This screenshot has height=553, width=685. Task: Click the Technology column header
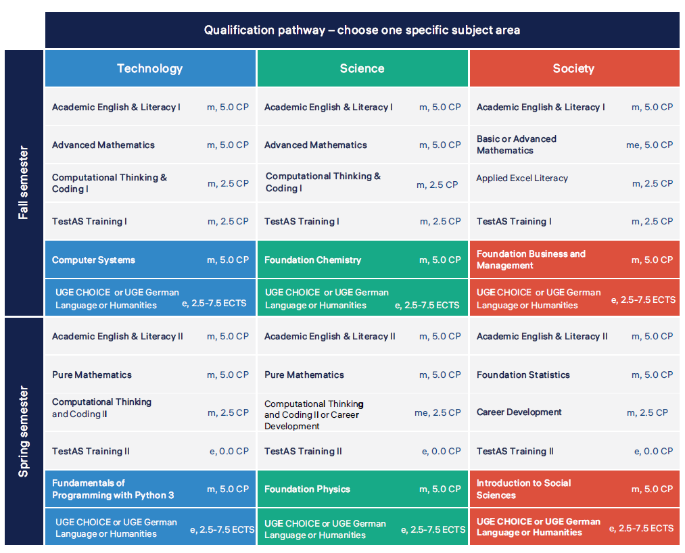pyautogui.click(x=149, y=68)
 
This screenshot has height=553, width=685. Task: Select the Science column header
pyautogui.click(x=362, y=68)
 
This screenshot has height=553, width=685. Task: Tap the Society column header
pyautogui.click(x=573, y=68)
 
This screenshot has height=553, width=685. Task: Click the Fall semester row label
pyautogui.click(x=24, y=182)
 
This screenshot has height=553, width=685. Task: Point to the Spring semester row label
pyautogui.click(x=24, y=431)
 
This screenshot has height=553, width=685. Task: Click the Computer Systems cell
pyautogui.click(x=93, y=260)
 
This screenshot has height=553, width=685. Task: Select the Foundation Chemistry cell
pyautogui.click(x=312, y=260)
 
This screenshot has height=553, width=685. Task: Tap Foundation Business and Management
pyautogui.click(x=531, y=260)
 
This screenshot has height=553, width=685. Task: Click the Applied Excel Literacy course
pyautogui.click(x=522, y=178)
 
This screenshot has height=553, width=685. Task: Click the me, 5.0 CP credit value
pyautogui.click(x=649, y=145)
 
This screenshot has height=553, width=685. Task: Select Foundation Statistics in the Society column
pyautogui.click(x=523, y=375)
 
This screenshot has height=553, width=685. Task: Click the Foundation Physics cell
pyautogui.click(x=307, y=489)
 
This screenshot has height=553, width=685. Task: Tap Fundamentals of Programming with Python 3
pyautogui.click(x=113, y=489)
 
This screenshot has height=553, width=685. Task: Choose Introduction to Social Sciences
pyautogui.click(x=523, y=489)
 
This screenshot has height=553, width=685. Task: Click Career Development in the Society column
pyautogui.click(x=519, y=412)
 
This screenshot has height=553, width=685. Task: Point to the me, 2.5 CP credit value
pyautogui.click(x=438, y=412)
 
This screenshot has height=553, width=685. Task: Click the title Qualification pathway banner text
pyautogui.click(x=362, y=30)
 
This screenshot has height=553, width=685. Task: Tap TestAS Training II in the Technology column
pyautogui.click(x=91, y=451)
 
